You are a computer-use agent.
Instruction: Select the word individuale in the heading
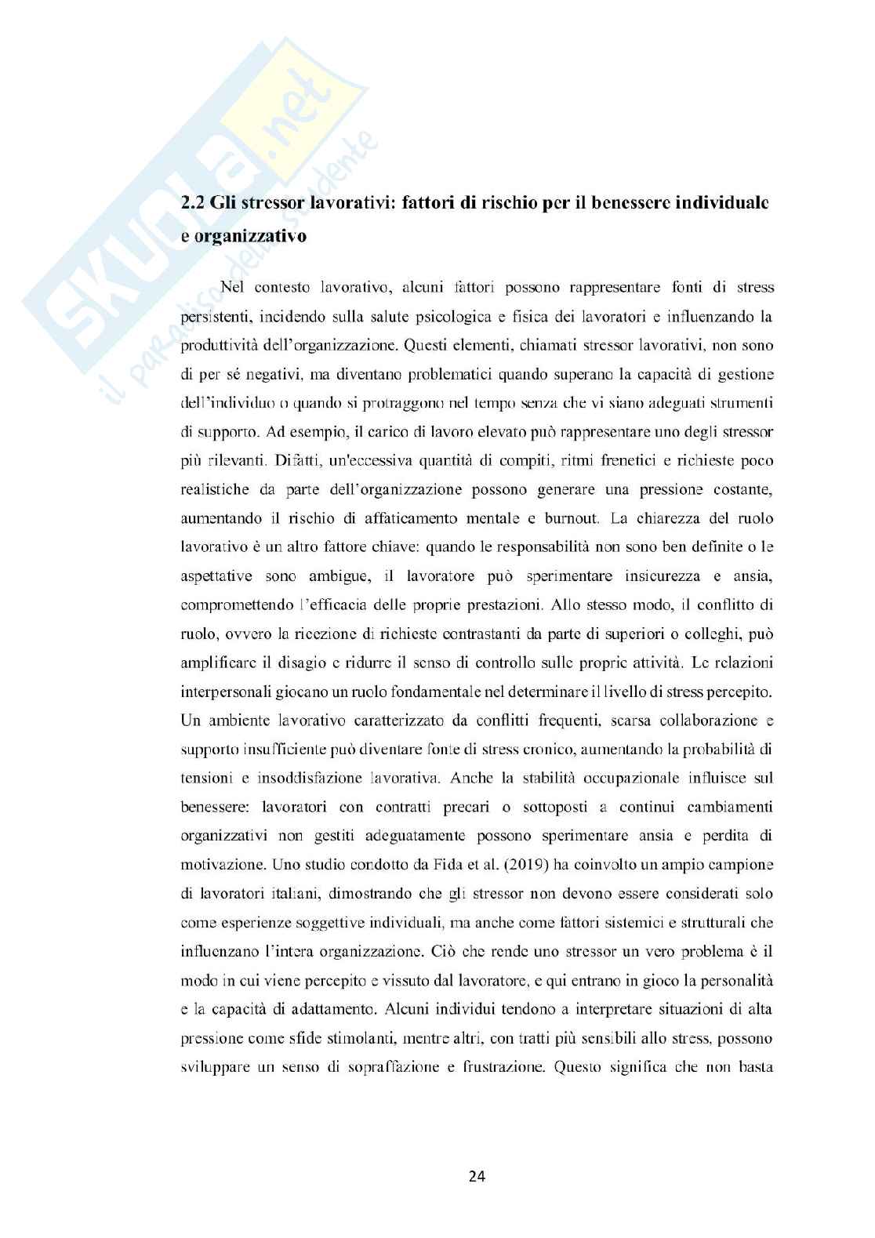(724, 203)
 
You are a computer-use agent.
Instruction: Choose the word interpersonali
(231, 692)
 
